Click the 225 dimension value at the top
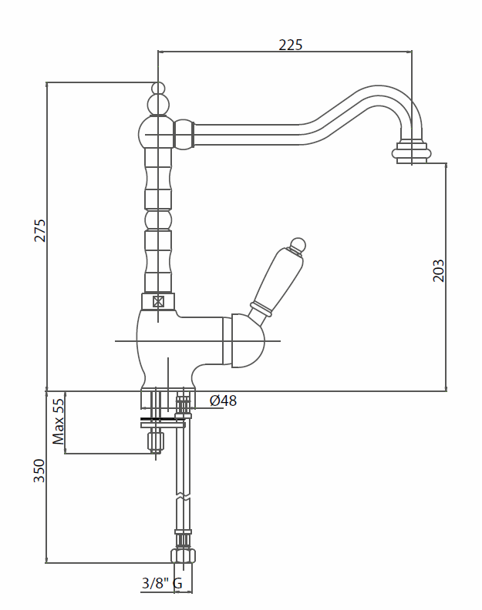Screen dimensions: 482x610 (x=290, y=45)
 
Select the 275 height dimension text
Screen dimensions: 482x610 (x=40, y=231)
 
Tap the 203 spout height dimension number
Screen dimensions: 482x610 (x=438, y=270)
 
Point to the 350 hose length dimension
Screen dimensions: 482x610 (x=39, y=471)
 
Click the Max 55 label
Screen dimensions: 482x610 (x=59, y=422)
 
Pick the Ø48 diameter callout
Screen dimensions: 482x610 (x=223, y=401)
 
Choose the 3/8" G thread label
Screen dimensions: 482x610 (x=162, y=583)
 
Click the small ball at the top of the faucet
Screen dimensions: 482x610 (x=158, y=88)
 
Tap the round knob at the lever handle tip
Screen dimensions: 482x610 (x=298, y=245)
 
